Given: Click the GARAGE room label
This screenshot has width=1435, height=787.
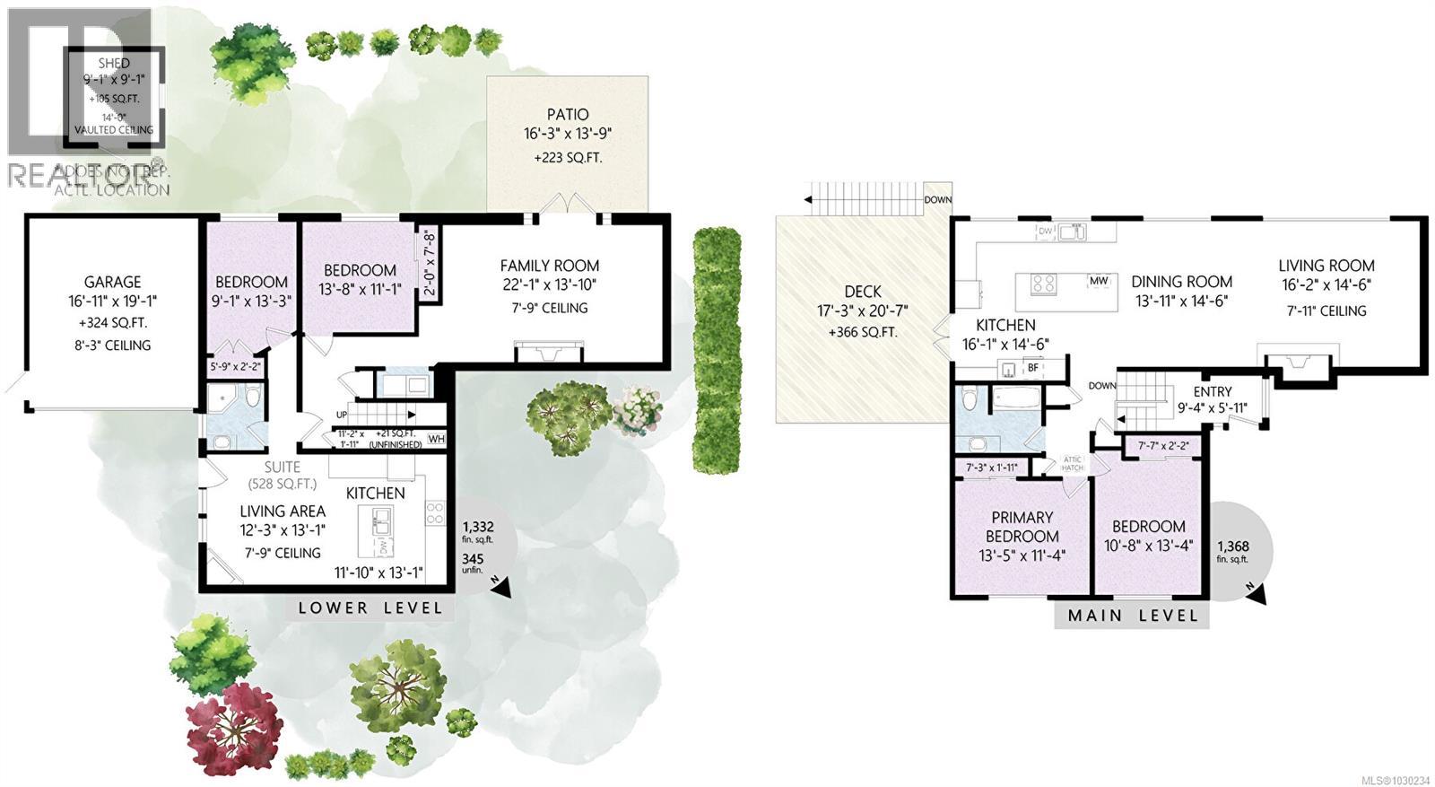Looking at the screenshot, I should pos(113,282).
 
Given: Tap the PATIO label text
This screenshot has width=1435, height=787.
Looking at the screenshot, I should pos(568,114).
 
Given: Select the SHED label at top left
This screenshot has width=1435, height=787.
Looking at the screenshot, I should pos(114,63).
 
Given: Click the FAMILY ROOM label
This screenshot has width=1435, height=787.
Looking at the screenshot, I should pos(549,266).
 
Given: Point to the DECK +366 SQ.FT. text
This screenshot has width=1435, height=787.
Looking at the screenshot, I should pos(863,332).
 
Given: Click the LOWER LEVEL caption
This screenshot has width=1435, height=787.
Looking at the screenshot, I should pos(370,608).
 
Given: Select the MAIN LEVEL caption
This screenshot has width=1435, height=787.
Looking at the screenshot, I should pos(1132,616).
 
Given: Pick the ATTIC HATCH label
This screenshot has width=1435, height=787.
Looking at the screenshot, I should pos(1073,463).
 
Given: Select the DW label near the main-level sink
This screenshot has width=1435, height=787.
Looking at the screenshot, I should pos(1045,232).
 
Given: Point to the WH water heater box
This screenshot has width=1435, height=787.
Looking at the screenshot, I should pos(437,439).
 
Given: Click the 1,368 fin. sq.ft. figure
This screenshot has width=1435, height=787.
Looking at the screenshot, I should pos(1232,547).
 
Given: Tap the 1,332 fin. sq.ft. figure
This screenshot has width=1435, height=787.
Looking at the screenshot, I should pos(477,528).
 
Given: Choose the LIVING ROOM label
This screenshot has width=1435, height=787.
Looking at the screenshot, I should pos(1326,266).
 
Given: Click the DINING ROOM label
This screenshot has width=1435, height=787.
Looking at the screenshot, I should pos(1181,282).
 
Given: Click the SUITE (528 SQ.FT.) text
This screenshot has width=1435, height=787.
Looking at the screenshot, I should pos(283,475).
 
